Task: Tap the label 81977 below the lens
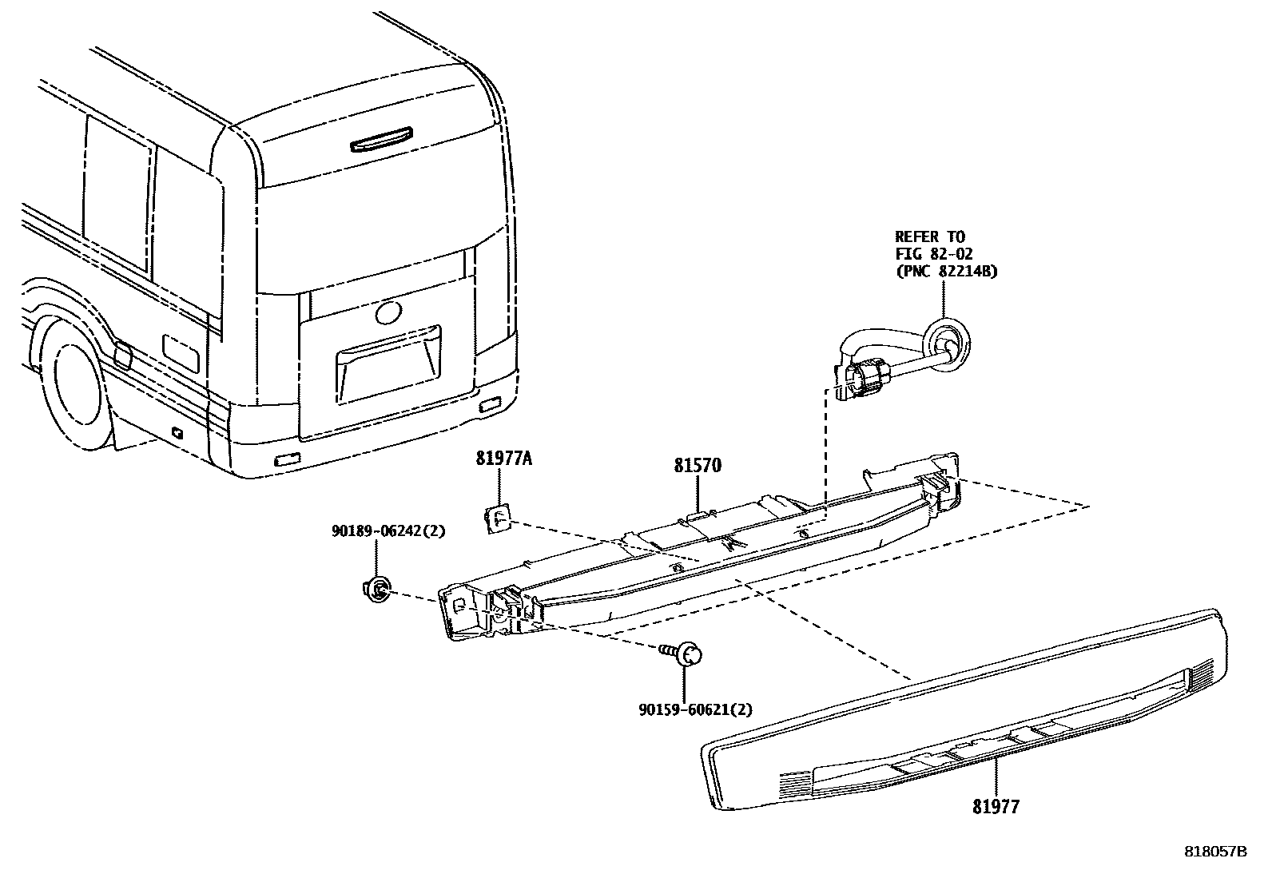coord(996,808)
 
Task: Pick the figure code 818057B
coord(1215,852)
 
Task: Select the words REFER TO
coord(930,237)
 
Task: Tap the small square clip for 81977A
coord(499,519)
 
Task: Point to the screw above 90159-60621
coord(683,653)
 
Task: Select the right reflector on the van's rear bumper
coord(487,406)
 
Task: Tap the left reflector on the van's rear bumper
coord(285,459)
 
